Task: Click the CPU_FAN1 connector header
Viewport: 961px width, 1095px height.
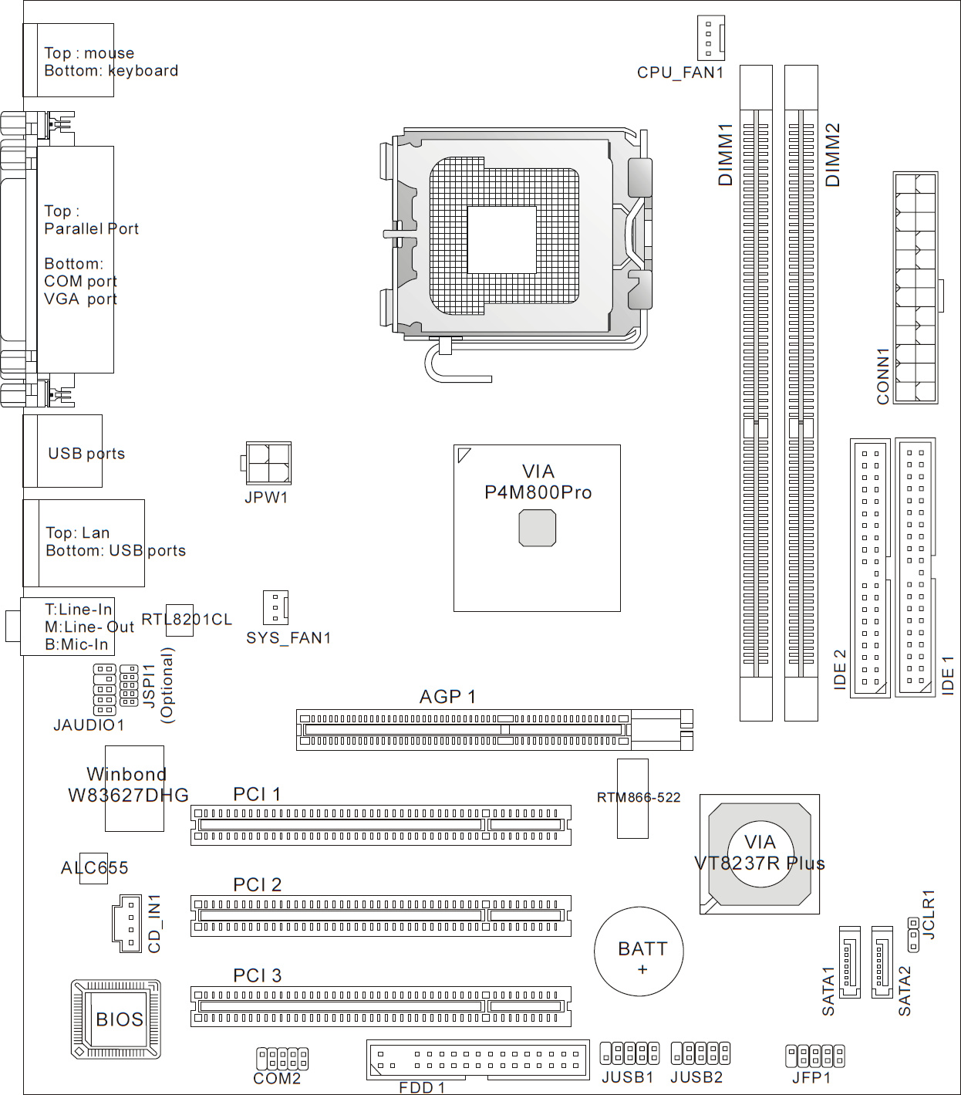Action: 710,37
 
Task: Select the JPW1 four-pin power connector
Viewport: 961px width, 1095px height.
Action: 266,463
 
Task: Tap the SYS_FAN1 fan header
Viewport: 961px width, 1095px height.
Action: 275,607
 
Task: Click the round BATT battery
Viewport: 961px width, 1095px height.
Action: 639,951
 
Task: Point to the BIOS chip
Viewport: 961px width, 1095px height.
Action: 116,1019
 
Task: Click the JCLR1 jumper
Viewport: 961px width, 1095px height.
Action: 913,934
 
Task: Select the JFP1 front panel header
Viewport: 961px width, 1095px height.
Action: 815,1056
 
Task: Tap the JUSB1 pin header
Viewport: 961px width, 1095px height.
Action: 629,1053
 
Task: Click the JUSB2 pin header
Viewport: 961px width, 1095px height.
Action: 700,1053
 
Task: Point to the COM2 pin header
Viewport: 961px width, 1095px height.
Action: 282,1058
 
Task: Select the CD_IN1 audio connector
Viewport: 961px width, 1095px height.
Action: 127,923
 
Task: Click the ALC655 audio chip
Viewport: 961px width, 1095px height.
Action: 93,868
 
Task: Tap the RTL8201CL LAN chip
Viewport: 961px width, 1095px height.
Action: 180,620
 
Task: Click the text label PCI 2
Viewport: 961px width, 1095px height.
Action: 257,884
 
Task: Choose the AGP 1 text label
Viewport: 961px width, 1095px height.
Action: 448,696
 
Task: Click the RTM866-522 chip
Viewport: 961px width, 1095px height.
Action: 632,798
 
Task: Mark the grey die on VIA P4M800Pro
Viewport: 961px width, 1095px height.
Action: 538,528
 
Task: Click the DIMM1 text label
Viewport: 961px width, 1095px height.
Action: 726,154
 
